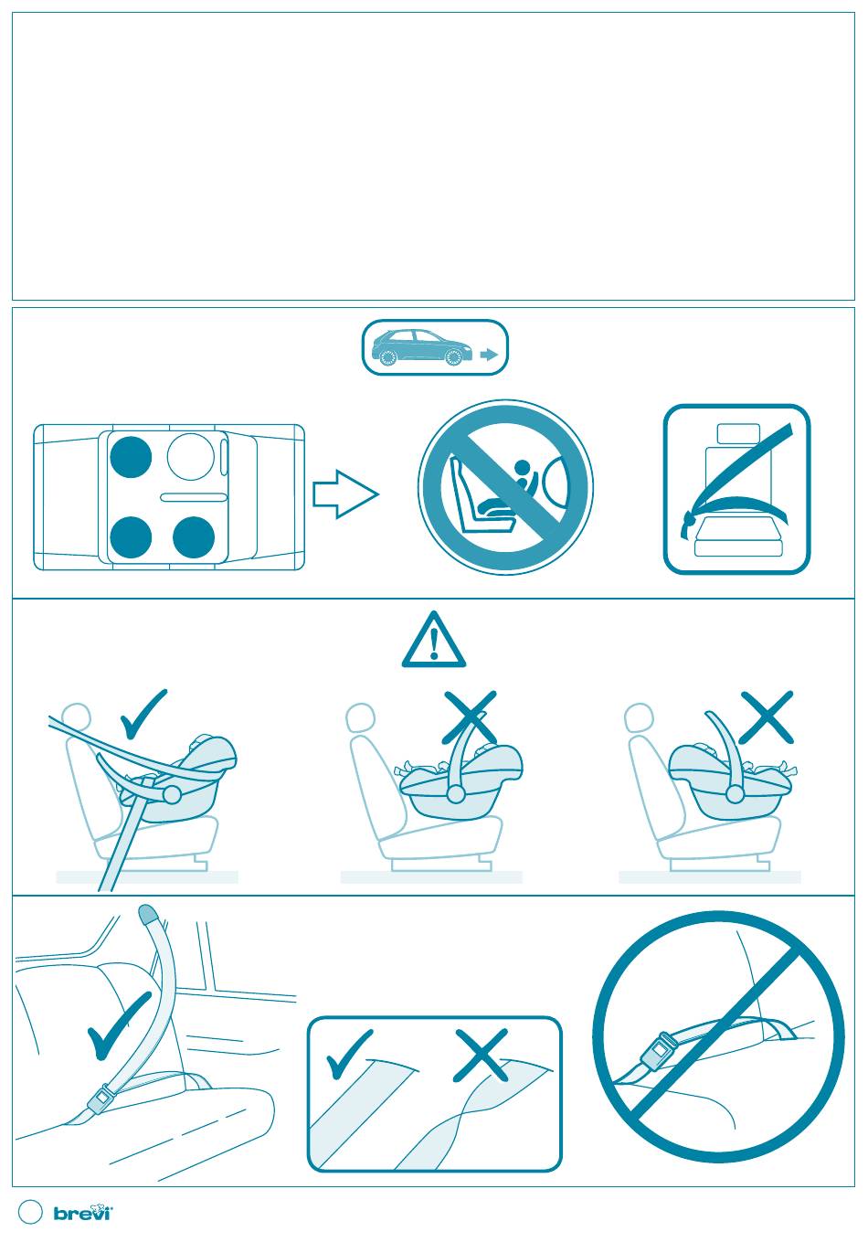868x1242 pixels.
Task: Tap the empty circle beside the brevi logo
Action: pyautogui.click(x=30, y=1212)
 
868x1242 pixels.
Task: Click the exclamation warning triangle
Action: pyautogui.click(x=433, y=640)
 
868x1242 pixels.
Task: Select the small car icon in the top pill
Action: pyautogui.click(x=422, y=347)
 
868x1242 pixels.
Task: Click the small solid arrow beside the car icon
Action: pyautogui.click(x=489, y=355)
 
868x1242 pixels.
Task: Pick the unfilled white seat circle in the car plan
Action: pyautogui.click(x=191, y=457)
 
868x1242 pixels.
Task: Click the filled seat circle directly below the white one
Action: pyautogui.click(x=194, y=536)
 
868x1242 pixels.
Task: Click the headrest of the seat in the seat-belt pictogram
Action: pyautogui.click(x=737, y=434)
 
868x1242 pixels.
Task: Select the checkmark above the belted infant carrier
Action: pyautogui.click(x=143, y=714)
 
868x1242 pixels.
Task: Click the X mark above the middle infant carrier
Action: pyautogui.click(x=470, y=717)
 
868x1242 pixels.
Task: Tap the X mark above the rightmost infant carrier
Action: pyautogui.click(x=767, y=717)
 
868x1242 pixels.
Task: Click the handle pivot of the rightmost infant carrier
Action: pyautogui.click(x=735, y=794)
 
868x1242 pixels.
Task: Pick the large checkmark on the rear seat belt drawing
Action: pyautogui.click(x=119, y=1025)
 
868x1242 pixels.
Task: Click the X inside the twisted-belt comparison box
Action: pyautogui.click(x=481, y=1055)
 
